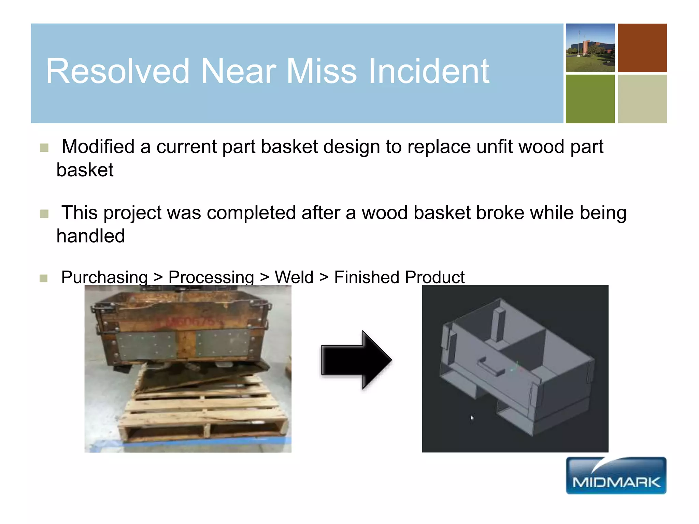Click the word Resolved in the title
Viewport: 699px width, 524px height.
(x=118, y=71)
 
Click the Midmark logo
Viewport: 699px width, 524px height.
(x=616, y=476)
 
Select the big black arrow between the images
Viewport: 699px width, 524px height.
(x=356, y=360)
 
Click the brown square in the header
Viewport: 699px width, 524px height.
(x=642, y=48)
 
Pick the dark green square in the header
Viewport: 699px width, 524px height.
(x=590, y=99)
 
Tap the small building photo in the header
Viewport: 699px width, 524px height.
(x=590, y=48)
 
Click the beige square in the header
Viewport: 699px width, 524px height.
(x=642, y=99)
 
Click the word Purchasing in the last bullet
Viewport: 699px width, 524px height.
(x=104, y=277)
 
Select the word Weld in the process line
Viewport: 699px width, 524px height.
(x=294, y=277)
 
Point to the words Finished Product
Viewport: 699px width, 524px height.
(x=399, y=277)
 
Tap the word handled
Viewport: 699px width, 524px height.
(x=91, y=236)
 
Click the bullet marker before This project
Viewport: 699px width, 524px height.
(x=44, y=214)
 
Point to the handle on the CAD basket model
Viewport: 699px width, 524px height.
(x=490, y=366)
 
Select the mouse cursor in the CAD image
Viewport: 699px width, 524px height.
(x=472, y=418)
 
